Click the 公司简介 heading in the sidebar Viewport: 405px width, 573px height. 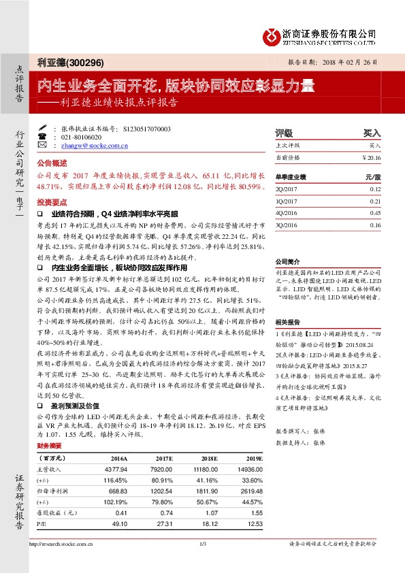(x=287, y=261)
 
